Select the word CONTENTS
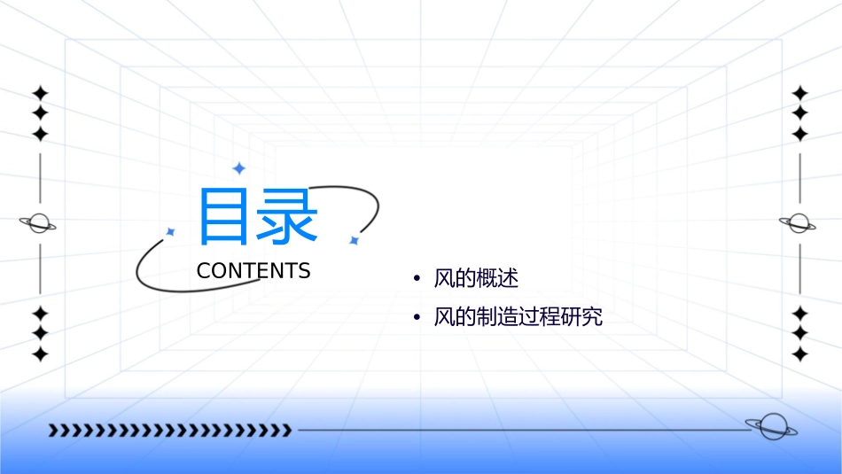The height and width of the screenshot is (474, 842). click(x=253, y=271)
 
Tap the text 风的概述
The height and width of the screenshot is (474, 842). click(x=476, y=278)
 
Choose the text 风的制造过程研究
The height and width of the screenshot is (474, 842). click(x=518, y=316)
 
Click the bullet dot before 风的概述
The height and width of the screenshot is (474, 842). click(x=417, y=279)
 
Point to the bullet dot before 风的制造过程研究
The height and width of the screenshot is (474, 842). click(x=417, y=317)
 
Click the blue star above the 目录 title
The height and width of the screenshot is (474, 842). click(x=238, y=168)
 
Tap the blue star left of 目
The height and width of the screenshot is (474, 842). click(x=171, y=231)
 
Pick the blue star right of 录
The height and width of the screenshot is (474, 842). click(x=354, y=240)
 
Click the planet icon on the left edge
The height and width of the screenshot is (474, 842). click(x=39, y=223)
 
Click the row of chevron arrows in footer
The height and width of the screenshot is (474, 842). click(x=169, y=431)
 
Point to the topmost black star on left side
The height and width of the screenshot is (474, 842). click(x=40, y=93)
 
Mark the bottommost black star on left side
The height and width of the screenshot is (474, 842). click(x=40, y=354)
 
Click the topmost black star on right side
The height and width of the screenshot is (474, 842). click(x=800, y=93)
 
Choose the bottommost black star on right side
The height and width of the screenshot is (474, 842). click(x=800, y=354)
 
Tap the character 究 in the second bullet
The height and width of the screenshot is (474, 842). click(x=593, y=316)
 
